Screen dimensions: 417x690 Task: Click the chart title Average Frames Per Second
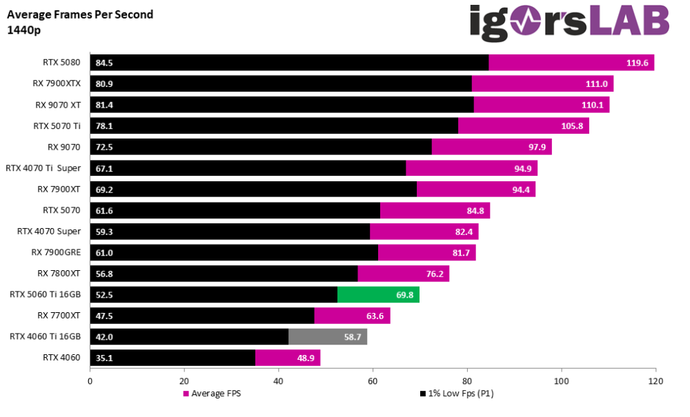[x=80, y=14]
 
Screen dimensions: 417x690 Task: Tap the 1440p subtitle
[x=23, y=30]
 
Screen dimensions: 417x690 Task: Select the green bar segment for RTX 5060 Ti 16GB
[x=378, y=295]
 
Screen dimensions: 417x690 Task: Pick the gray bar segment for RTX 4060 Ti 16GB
[x=328, y=337]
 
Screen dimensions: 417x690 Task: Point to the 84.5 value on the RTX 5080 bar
[x=104, y=63]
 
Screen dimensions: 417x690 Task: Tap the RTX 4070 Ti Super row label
[x=43, y=168]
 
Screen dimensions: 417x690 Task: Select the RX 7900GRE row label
[x=56, y=253]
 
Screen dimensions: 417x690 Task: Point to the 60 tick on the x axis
[x=373, y=380]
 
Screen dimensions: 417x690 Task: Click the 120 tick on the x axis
[x=655, y=380]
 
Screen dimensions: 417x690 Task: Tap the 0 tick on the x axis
[x=90, y=380]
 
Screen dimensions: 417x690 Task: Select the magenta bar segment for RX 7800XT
[x=404, y=274]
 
